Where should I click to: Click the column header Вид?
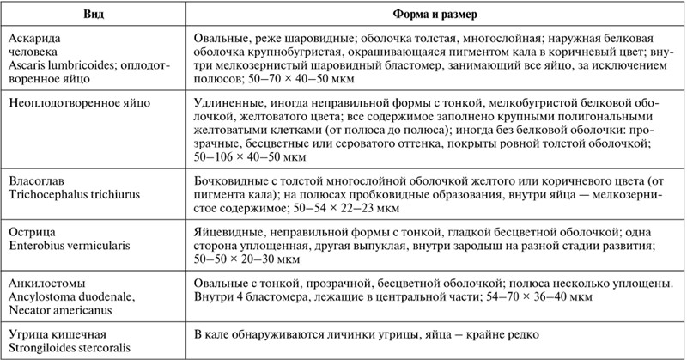95,15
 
